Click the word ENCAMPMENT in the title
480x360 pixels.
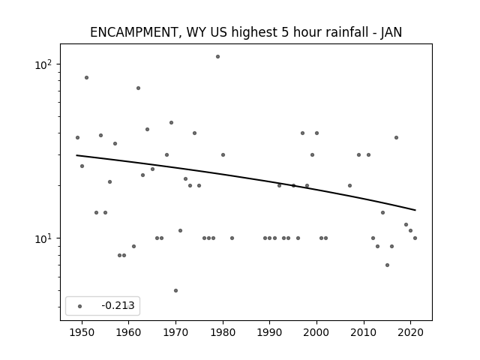(x=133, y=32)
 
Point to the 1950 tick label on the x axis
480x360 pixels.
(x=82, y=332)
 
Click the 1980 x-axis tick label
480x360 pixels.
(x=223, y=332)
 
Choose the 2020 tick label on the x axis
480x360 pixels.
(x=410, y=332)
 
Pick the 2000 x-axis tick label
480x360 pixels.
(x=316, y=332)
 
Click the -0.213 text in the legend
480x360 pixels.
(x=118, y=305)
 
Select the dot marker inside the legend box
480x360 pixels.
(x=80, y=306)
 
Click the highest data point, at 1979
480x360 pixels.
(x=217, y=57)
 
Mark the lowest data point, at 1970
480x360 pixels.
(x=175, y=290)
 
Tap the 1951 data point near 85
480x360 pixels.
(x=87, y=78)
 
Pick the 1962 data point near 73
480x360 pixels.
(x=138, y=88)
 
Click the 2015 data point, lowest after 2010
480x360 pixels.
(x=387, y=265)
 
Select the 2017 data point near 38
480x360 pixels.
(x=397, y=138)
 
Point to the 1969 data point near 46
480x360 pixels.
(x=172, y=123)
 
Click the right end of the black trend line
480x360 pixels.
(x=415, y=210)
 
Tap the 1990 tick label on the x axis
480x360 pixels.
(x=270, y=332)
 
